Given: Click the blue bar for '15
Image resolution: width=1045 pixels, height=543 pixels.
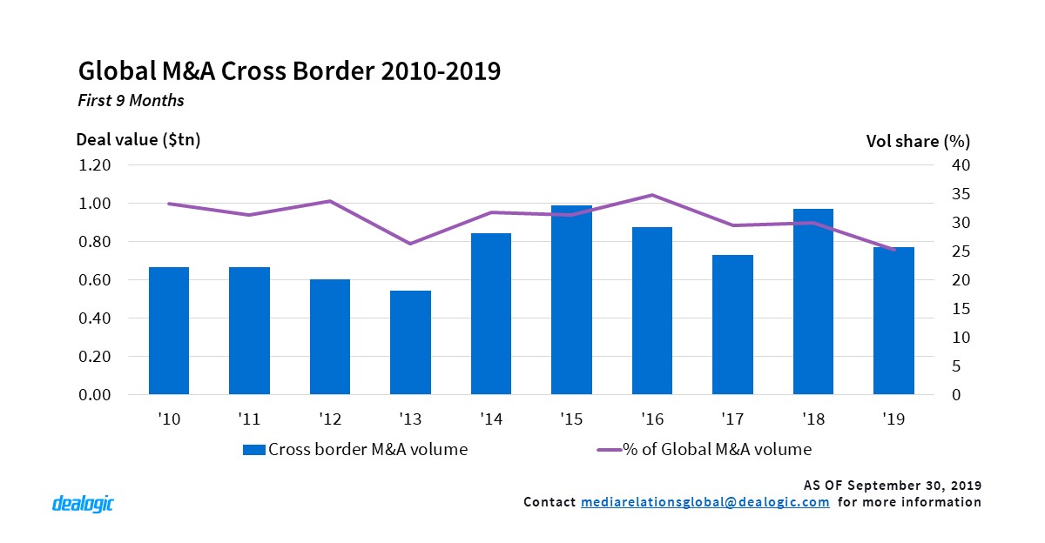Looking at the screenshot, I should tap(571, 300).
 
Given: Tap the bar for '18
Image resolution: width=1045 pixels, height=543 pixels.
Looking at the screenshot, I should tap(813, 301).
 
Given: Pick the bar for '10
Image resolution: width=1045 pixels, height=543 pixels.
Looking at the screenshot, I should tap(169, 331).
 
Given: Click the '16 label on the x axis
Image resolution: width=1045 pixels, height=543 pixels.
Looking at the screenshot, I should tap(651, 419).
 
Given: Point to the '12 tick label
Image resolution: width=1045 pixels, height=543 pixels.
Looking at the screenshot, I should tap(330, 419).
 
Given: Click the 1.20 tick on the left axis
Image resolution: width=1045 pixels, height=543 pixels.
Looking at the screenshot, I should tap(94, 165).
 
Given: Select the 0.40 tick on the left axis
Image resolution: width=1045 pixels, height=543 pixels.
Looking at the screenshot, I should tap(94, 318).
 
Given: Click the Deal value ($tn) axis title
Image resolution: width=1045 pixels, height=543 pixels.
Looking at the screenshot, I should tap(138, 140).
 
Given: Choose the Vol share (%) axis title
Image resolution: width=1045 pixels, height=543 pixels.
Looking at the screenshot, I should tap(918, 140).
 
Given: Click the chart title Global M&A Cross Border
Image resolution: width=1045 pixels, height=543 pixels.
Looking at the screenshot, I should tap(289, 70).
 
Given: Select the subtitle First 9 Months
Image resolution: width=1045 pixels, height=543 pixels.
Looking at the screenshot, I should tap(131, 100).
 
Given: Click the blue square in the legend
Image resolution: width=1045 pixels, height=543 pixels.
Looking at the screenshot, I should tap(253, 450).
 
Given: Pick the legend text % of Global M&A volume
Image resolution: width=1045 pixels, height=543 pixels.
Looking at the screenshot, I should tap(717, 450).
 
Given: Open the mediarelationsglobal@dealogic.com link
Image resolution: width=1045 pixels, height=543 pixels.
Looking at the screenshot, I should tap(705, 502).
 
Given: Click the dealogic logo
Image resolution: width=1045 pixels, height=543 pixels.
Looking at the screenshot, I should tap(83, 504).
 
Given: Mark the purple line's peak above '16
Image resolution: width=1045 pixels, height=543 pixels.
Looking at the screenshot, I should tap(652, 195).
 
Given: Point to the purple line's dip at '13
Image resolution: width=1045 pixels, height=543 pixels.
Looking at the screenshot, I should tap(410, 244).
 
